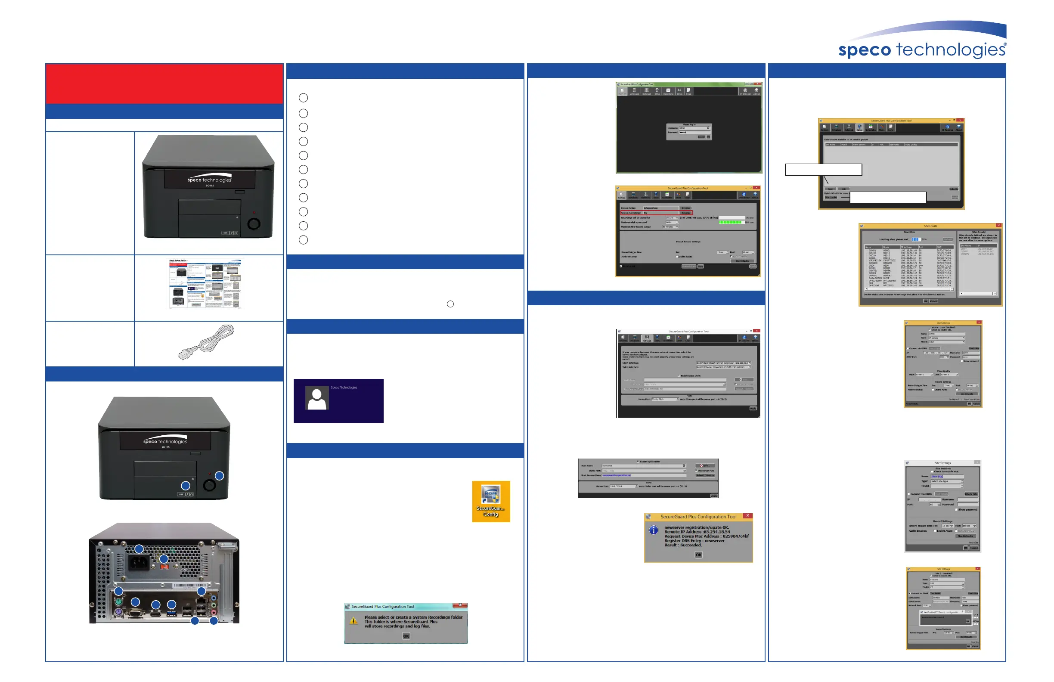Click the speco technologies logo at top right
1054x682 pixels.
pyautogui.click(x=923, y=49)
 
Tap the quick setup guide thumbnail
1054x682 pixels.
pyautogui.click(x=205, y=283)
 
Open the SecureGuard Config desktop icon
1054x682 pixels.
pyautogui.click(x=491, y=501)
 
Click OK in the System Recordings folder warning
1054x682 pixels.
pyautogui.click(x=406, y=636)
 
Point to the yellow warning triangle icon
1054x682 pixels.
pyautogui.click(x=353, y=621)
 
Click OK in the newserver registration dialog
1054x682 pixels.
pyautogui.click(x=698, y=555)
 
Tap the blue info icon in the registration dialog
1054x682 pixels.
pyautogui.click(x=653, y=530)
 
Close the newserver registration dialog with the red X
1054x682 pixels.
pyautogui.click(x=747, y=516)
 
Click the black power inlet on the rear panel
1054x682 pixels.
pyautogui.click(x=138, y=563)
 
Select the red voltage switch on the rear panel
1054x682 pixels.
pyautogui.click(x=164, y=567)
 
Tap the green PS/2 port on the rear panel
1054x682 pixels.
pyautogui.click(x=118, y=602)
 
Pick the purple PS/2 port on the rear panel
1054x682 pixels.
pyautogui.click(x=118, y=612)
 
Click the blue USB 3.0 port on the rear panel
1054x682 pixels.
pyautogui.click(x=172, y=613)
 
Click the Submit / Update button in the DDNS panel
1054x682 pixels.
pyautogui.click(x=705, y=475)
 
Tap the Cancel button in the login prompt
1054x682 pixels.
pyautogui.click(x=701, y=137)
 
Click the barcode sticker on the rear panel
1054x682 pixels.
pyautogui.click(x=189, y=586)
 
